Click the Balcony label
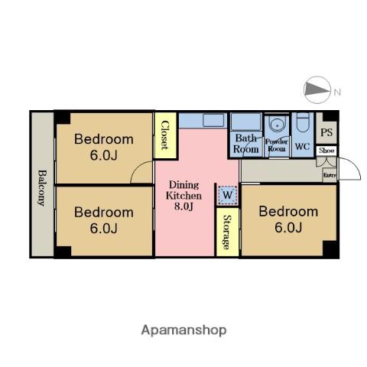pos(41,188)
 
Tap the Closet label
pos(165,135)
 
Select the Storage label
pos(227,232)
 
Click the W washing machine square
pos(227,195)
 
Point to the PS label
pos(326,132)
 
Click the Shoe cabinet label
pos(326,151)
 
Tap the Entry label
pos(330,175)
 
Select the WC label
pos(302,146)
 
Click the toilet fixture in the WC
pos(303,122)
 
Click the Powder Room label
pos(276,145)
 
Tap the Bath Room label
pos(246,144)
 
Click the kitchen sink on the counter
pos(213,120)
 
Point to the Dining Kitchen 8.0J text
pos(183,196)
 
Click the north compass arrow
pos(317,89)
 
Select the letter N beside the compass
pos(337,92)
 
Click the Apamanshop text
pos(183,330)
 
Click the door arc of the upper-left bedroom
pos(140,171)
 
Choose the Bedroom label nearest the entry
pos(288,219)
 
